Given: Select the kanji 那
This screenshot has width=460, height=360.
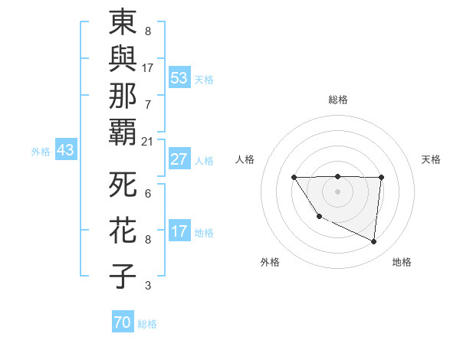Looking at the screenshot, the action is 123,94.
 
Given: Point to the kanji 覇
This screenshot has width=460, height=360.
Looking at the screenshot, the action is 123,131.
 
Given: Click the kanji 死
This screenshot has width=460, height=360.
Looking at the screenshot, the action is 123,185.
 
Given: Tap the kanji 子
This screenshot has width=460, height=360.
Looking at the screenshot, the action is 123,276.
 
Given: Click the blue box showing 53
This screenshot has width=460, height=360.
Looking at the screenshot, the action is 179,77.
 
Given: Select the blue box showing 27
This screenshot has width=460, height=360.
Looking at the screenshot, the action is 179,159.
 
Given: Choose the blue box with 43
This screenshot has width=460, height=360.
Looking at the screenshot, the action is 65,151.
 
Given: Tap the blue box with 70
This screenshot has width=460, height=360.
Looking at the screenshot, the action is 123,322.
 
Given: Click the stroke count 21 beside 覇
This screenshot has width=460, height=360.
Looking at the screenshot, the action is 148,142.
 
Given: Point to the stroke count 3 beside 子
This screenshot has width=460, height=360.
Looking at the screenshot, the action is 148,286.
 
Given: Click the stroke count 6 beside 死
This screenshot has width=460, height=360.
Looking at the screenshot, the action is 148,195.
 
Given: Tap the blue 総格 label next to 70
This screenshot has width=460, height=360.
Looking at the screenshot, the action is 148,324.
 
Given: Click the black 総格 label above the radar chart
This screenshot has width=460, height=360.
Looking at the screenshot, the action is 337,100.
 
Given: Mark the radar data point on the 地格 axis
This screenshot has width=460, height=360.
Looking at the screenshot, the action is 374,242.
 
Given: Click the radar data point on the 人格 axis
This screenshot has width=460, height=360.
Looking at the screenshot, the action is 294,178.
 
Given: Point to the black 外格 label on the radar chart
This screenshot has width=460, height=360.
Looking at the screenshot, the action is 270,262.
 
